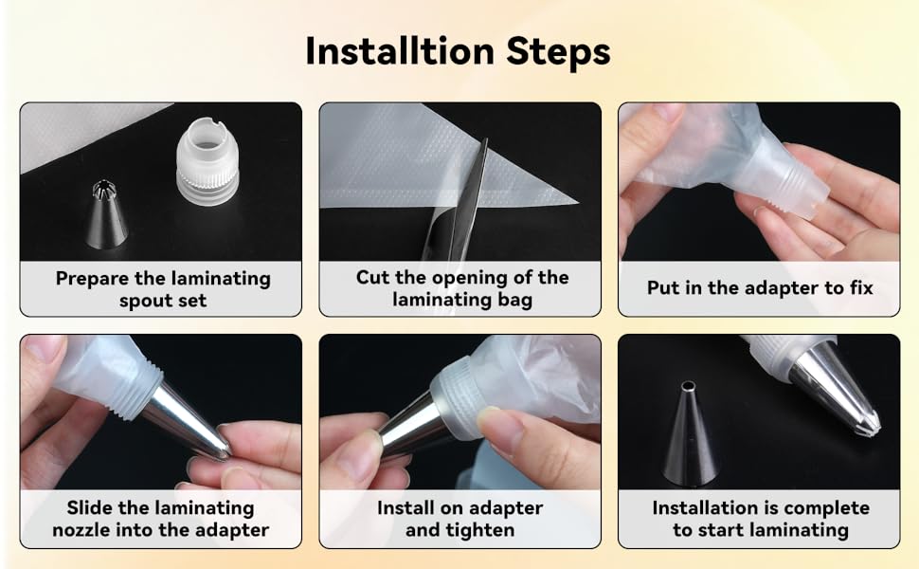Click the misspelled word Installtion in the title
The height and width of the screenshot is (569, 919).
point(400,51)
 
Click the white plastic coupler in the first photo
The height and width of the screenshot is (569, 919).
point(207,161)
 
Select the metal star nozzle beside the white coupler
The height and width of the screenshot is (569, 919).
point(106,213)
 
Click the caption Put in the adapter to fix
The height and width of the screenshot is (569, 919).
point(760,288)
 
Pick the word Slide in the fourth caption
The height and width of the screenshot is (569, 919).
point(90,507)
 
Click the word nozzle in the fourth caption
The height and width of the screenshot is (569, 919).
point(81,530)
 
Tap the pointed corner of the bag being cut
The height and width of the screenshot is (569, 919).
point(576,202)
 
